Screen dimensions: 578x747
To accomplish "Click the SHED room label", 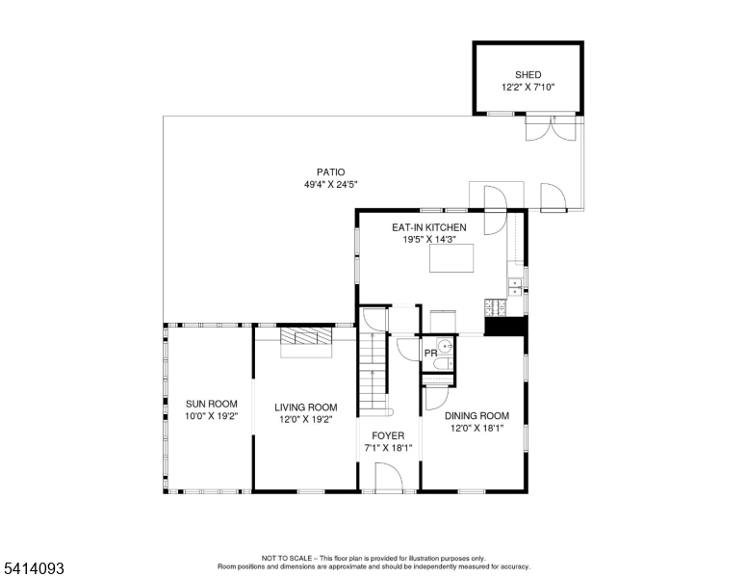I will pyautogui.click(x=528, y=74).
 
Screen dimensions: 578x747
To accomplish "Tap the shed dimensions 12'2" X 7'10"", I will pyautogui.click(x=528, y=87).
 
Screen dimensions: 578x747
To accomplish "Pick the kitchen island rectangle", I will pyautogui.click(x=451, y=258).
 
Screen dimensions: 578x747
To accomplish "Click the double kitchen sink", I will pyautogui.click(x=515, y=285).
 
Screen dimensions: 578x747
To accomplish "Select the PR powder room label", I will pyautogui.click(x=430, y=354).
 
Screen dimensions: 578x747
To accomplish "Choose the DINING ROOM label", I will pyautogui.click(x=477, y=416).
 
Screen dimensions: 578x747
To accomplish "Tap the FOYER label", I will pyautogui.click(x=388, y=435).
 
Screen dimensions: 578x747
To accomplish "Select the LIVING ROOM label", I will pyautogui.click(x=305, y=407).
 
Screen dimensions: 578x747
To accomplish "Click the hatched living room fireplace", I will pyautogui.click(x=305, y=338).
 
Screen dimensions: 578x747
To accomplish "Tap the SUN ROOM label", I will pyautogui.click(x=211, y=404).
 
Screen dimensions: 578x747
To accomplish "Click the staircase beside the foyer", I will pyautogui.click(x=372, y=371).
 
